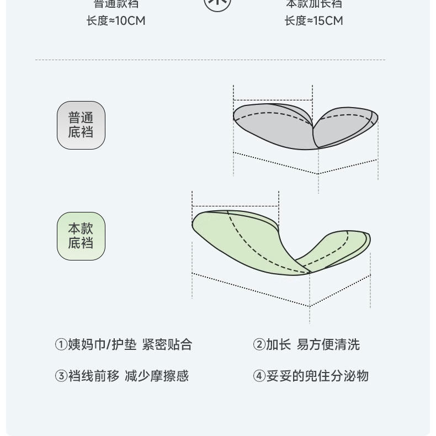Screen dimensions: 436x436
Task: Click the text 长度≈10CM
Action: [116, 21]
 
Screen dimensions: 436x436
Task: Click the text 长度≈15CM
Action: [313, 21]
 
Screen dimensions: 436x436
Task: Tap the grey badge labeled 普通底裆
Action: [81, 125]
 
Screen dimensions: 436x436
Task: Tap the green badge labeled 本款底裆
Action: [81, 236]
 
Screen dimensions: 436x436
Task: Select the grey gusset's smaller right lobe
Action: [345, 124]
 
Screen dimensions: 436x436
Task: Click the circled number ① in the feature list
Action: [61, 345]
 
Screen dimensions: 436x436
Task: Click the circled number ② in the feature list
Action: [259, 345]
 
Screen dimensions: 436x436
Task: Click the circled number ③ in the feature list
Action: [61, 376]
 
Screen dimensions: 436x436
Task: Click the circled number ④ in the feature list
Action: [259, 376]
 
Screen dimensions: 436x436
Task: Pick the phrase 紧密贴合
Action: [167, 345]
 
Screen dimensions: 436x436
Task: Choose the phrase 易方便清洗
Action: [328, 345]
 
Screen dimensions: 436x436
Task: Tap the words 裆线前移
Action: [93, 376]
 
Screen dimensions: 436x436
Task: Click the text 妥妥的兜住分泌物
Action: [317, 376]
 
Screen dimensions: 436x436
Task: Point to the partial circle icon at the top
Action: [217, 4]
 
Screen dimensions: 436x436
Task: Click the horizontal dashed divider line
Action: [210, 60]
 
